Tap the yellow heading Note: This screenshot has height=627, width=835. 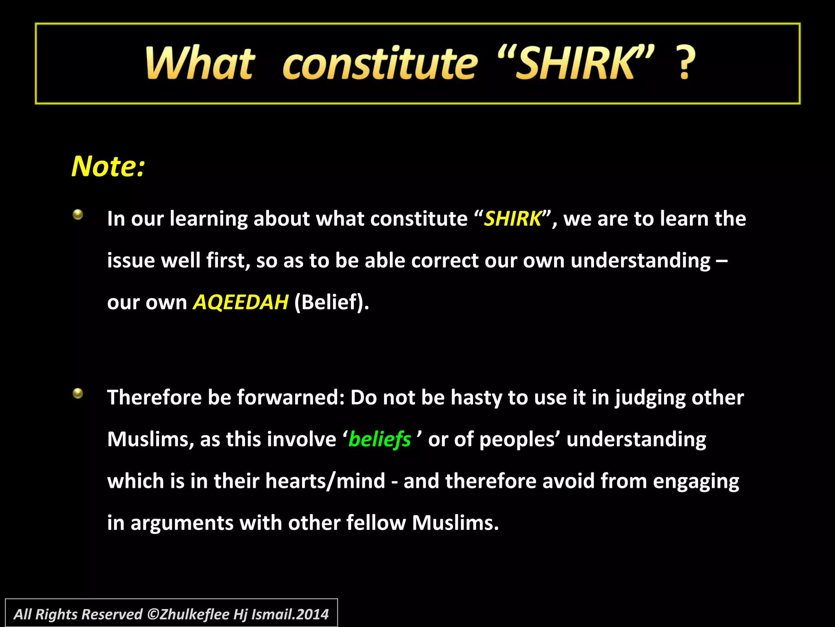coord(108,167)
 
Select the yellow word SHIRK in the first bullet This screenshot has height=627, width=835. coord(512,219)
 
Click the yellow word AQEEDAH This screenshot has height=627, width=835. coord(241,302)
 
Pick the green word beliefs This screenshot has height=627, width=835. coord(380,440)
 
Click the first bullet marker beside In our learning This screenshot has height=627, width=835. coord(78,215)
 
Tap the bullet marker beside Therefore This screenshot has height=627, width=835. coord(78,394)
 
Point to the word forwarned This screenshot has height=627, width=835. coord(291,398)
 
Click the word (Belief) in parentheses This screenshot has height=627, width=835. coord(331,302)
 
